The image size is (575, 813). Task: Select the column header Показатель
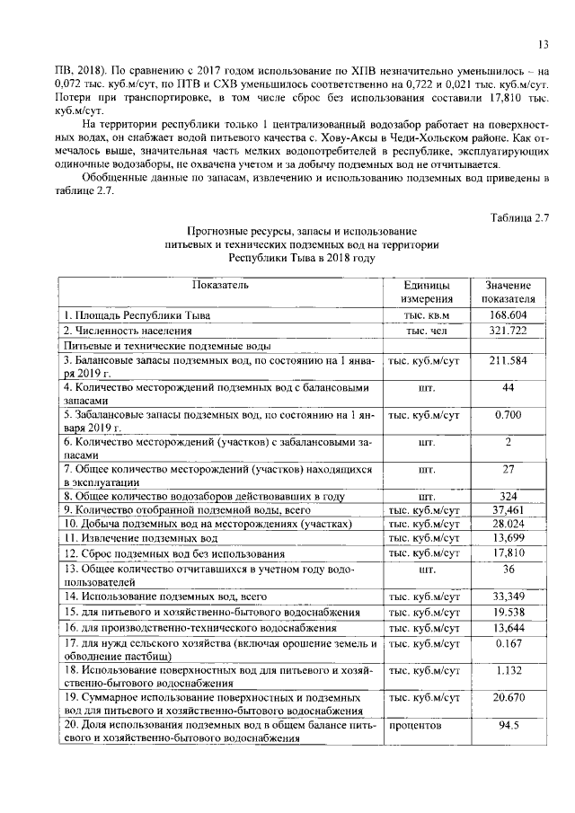220,286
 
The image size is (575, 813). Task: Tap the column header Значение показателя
509,292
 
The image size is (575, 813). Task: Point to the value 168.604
509,315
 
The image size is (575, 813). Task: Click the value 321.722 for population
509,331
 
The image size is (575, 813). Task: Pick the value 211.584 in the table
509,361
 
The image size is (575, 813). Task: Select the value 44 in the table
509,387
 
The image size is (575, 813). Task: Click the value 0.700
509,415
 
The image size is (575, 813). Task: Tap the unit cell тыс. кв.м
427,315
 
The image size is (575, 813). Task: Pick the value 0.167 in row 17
509,643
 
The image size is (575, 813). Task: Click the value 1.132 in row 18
509,670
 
